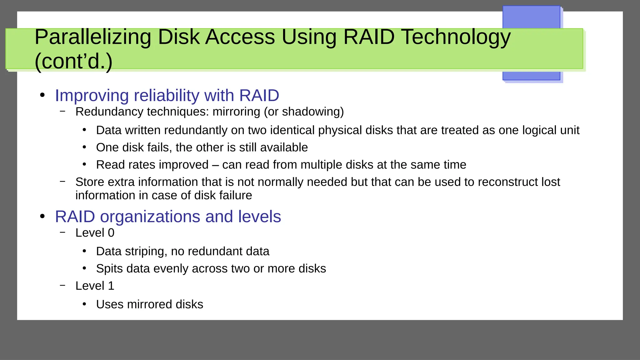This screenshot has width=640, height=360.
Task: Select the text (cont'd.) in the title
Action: click(x=73, y=61)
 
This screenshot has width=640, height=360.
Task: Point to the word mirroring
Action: click(x=236, y=112)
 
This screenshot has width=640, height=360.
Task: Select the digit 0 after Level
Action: click(x=111, y=233)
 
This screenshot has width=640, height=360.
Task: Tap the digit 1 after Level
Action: click(x=111, y=286)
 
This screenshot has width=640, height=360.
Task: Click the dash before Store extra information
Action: click(x=63, y=181)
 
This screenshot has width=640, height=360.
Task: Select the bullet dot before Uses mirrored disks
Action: click(x=84, y=304)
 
